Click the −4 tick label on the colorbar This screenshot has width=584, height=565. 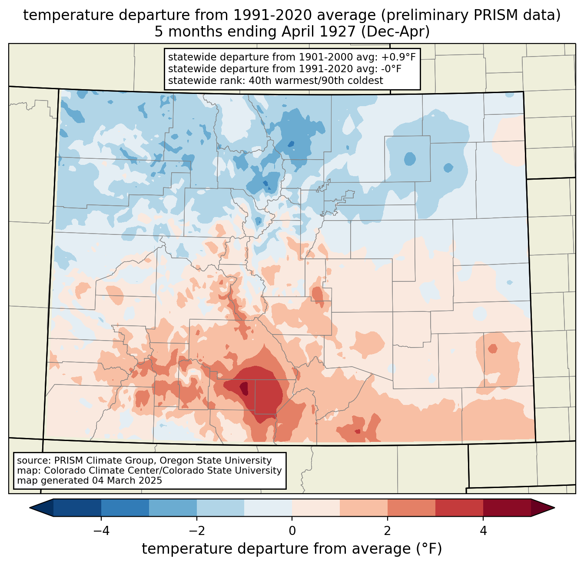point(101,531)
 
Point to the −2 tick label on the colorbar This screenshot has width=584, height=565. point(197,531)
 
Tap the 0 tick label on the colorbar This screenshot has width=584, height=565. point(292,531)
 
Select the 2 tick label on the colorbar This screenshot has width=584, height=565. point(388,531)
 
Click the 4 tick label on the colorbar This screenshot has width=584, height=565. point(483,531)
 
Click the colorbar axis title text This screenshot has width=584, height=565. point(292,548)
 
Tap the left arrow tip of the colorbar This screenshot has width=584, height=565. point(30,508)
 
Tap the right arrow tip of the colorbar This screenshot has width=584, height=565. point(554,508)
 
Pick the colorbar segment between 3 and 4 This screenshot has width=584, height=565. point(459,508)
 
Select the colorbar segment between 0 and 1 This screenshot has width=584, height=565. point(316,508)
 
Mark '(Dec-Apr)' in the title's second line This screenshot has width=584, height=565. point(395,32)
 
